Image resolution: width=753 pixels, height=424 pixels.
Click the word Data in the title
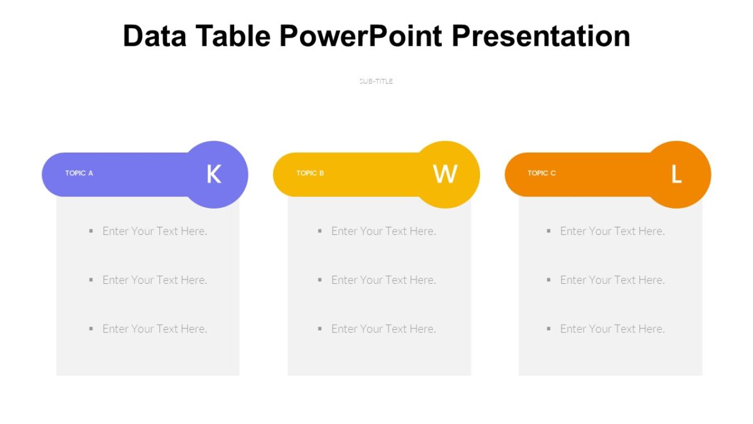(x=154, y=36)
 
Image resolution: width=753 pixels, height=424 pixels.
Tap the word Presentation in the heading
(x=541, y=36)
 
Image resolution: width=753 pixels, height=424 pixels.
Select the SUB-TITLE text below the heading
(x=376, y=81)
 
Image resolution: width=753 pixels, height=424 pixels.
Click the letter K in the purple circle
(x=214, y=174)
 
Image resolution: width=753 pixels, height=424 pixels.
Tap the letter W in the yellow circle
(x=445, y=174)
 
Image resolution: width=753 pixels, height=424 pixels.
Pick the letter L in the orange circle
(x=676, y=175)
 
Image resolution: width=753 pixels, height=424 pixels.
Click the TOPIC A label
(x=79, y=173)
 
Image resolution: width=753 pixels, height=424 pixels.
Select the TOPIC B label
(x=310, y=173)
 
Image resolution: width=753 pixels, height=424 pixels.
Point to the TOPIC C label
(x=542, y=173)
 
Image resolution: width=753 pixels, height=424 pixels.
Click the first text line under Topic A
(x=154, y=231)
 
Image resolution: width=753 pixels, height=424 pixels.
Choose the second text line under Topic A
(x=154, y=280)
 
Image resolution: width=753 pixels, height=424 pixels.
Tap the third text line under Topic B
(x=383, y=329)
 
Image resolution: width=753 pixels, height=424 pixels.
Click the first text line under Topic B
(x=383, y=231)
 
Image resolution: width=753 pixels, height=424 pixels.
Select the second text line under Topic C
(x=612, y=280)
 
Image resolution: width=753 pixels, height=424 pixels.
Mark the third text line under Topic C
(x=612, y=329)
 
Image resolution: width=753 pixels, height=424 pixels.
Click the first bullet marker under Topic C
(x=548, y=231)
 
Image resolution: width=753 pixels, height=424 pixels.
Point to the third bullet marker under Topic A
(x=91, y=329)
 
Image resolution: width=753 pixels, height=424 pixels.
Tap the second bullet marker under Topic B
(x=320, y=280)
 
